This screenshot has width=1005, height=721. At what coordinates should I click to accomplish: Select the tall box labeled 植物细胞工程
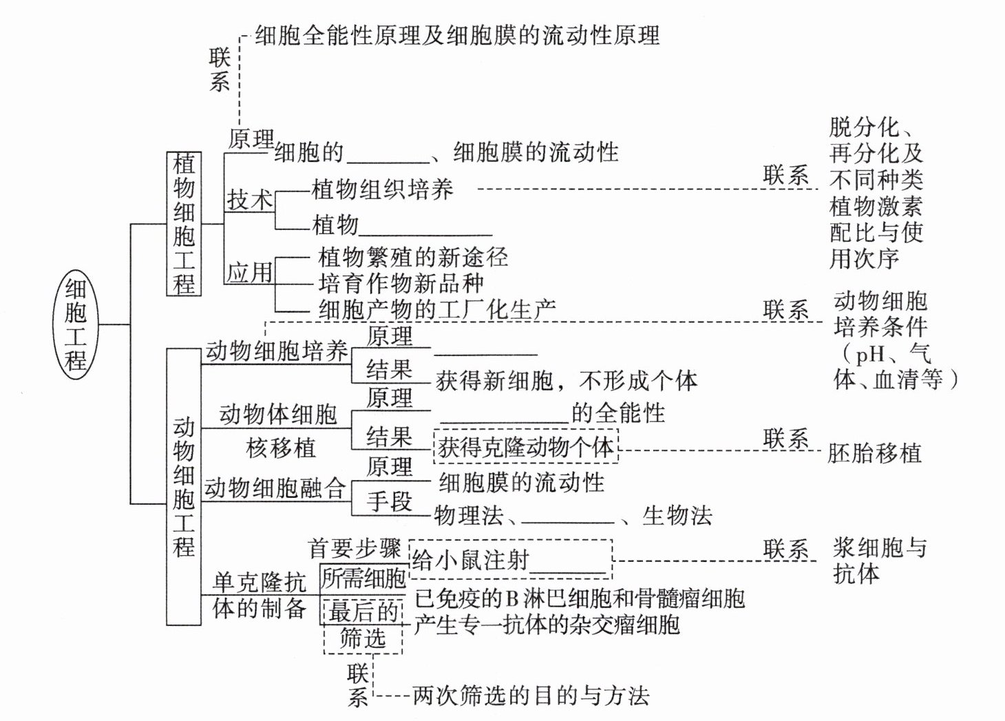[x=184, y=224]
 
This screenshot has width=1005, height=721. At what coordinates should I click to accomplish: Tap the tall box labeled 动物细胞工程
[x=184, y=487]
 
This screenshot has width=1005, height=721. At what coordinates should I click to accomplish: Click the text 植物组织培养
[x=382, y=189]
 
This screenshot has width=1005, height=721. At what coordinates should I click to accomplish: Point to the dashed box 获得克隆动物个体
[x=526, y=448]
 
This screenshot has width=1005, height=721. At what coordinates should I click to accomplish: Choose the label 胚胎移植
[x=874, y=453]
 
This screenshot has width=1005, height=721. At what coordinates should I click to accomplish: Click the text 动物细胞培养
[x=277, y=352]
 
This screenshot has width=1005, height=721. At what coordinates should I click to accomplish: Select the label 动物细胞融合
[x=275, y=488]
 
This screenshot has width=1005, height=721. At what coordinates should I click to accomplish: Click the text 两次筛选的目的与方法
[x=530, y=696]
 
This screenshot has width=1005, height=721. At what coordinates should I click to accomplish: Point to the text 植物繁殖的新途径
[x=413, y=258]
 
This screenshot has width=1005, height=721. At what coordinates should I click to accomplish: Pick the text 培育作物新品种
[x=401, y=283]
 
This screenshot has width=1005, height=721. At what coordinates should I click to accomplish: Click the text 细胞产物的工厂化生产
[x=437, y=309]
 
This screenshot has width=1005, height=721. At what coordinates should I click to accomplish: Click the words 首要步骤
[x=355, y=548]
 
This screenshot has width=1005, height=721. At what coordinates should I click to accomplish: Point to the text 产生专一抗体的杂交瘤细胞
[x=547, y=625]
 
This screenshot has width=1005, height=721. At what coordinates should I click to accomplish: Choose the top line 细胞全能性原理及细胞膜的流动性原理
[x=457, y=35]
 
